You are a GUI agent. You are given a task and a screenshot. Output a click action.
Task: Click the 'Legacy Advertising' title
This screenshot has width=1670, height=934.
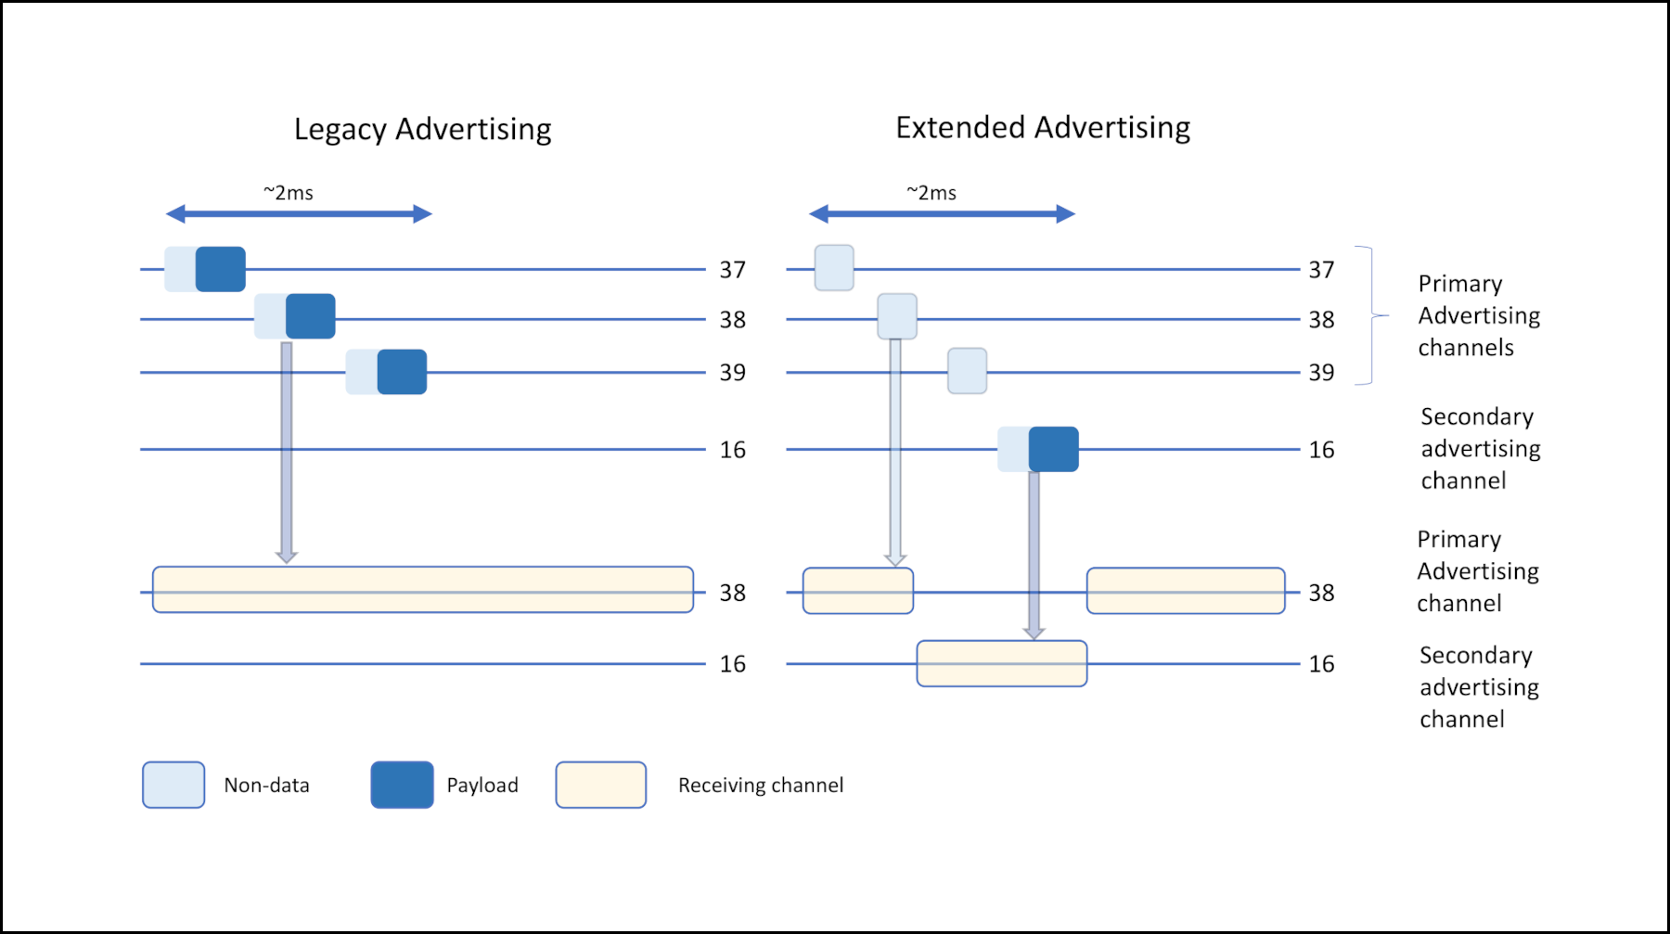(x=422, y=130)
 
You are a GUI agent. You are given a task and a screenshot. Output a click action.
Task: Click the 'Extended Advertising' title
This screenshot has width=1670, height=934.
(x=1042, y=128)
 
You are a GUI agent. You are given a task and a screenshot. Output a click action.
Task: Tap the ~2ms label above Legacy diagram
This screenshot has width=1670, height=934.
(x=289, y=193)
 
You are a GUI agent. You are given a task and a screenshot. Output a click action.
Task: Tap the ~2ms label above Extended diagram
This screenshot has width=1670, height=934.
(x=931, y=193)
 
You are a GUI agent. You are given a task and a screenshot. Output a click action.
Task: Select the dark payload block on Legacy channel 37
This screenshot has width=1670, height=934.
(x=221, y=269)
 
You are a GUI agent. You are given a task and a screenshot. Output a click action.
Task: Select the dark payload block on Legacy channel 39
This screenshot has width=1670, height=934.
(x=402, y=372)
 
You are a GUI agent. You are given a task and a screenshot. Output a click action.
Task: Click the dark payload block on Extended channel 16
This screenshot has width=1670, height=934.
(x=1054, y=449)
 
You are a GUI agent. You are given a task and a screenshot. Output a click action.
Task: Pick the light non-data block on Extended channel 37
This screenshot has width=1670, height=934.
(x=834, y=268)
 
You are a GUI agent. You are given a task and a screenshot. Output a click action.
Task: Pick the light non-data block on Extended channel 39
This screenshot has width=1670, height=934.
(x=967, y=371)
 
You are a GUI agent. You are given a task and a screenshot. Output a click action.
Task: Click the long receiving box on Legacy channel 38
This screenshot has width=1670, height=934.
(x=423, y=590)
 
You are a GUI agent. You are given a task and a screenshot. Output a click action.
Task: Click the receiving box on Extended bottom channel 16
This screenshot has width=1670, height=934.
(x=1001, y=663)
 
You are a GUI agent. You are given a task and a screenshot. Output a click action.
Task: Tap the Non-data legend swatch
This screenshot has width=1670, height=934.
(x=173, y=785)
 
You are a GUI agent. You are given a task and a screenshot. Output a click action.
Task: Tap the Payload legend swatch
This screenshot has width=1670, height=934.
(x=402, y=785)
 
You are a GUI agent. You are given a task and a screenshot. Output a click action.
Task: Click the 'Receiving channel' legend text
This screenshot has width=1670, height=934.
(x=761, y=786)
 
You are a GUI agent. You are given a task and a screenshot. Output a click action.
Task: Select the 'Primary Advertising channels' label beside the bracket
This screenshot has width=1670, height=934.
(x=1478, y=315)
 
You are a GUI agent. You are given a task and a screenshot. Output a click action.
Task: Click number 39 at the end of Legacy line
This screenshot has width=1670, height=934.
(x=733, y=373)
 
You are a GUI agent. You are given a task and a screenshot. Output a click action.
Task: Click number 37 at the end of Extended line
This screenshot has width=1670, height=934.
(x=1321, y=270)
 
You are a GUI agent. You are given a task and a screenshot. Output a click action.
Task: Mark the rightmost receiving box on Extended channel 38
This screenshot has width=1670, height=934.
(x=1186, y=591)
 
